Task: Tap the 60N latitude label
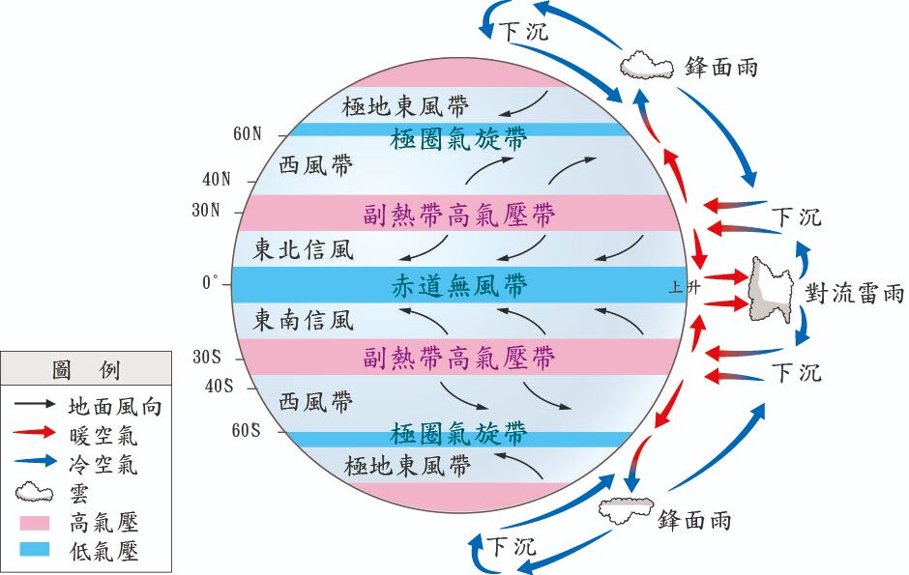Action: pos(247,134)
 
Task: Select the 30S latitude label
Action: pos(208,358)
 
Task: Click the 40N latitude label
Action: pos(217,179)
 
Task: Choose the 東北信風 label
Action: pos(304,250)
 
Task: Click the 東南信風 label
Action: pos(304,320)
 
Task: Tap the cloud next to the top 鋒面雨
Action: pos(646,65)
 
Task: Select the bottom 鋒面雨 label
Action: pos(694,520)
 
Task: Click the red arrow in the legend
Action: pos(34,436)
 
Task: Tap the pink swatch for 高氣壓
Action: pos(34,523)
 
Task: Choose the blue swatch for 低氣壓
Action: pos(34,551)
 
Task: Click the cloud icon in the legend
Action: pos(34,493)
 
